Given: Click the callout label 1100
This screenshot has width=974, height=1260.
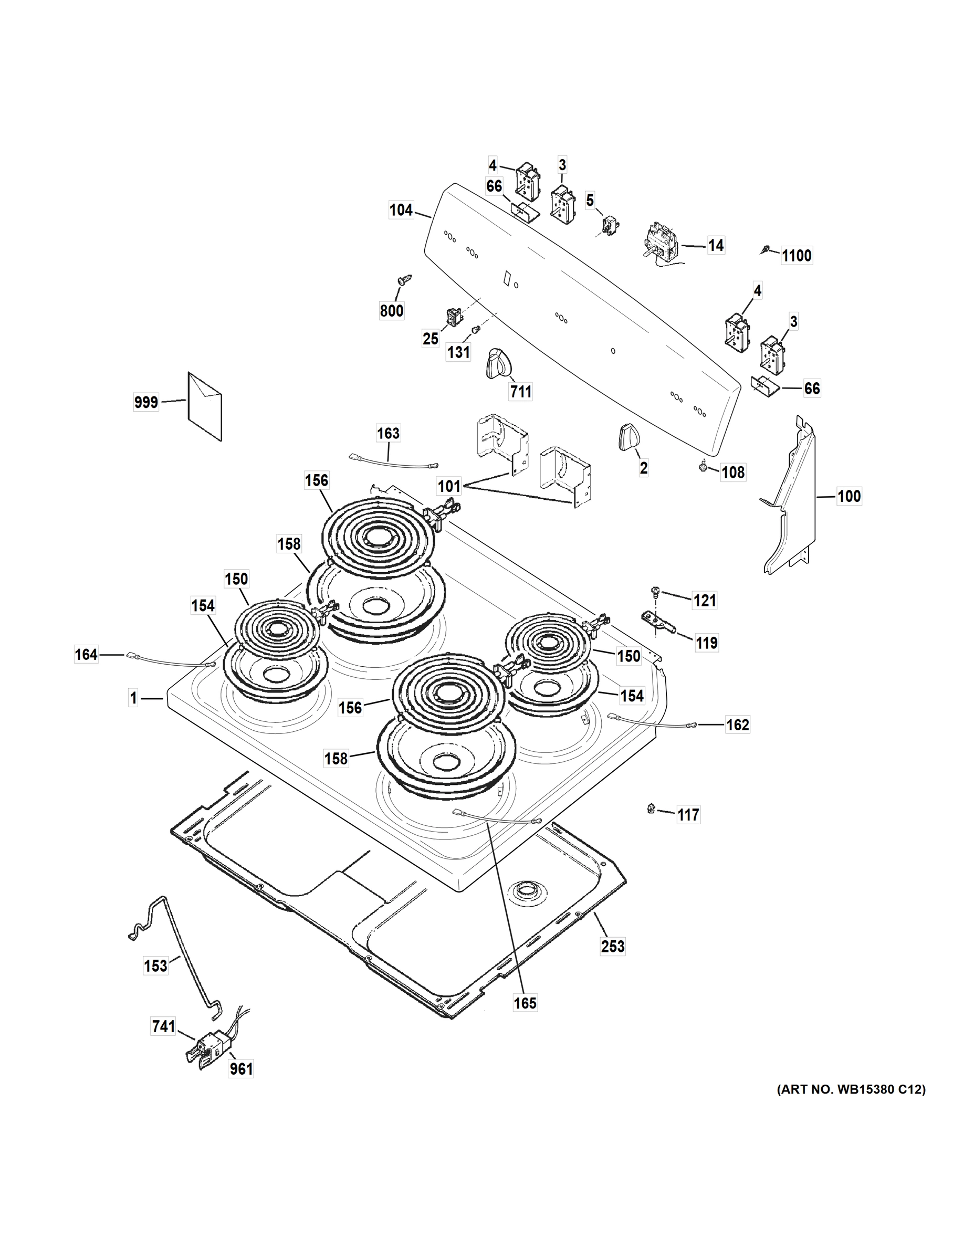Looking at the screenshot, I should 797,256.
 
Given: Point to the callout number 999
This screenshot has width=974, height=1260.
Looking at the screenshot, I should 145,402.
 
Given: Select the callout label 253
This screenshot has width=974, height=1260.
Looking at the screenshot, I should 612,946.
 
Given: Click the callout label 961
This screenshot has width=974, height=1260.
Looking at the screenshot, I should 241,1069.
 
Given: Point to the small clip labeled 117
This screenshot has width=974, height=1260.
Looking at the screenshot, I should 651,809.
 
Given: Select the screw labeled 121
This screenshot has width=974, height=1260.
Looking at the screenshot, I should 655,591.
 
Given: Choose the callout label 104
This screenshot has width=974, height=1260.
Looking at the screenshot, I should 401,210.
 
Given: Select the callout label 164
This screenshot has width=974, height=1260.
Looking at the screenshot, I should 86,654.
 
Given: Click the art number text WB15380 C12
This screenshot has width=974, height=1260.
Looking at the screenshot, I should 851,1090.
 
